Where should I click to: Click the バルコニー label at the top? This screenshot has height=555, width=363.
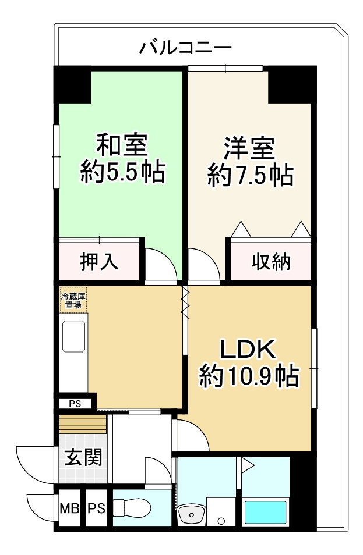click(185, 47)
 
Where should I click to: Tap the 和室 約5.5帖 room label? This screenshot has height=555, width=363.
click(122, 158)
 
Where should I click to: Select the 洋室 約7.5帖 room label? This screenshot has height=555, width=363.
click(249, 161)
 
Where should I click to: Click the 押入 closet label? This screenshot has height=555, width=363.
click(99, 262)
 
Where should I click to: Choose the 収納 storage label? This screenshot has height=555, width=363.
click(270, 262)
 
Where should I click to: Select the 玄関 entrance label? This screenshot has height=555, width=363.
click(83, 458)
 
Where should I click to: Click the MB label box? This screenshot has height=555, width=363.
click(70, 510)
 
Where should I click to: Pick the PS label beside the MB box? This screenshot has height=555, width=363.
click(96, 510)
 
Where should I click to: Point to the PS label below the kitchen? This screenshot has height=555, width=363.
click(76, 403)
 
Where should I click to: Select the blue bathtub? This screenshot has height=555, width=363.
click(265, 513)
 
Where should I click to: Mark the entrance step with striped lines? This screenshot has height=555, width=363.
click(82, 424)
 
